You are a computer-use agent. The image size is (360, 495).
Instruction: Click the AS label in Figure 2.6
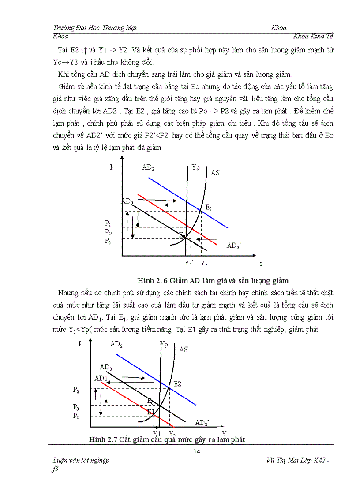[215, 173]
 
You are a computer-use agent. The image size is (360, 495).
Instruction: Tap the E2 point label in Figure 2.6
[209, 208]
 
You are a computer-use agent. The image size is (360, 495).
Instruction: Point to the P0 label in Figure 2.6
[108, 241]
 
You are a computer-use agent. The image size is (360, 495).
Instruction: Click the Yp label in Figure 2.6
[195, 167]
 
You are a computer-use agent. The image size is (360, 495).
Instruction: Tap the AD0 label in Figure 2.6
[127, 201]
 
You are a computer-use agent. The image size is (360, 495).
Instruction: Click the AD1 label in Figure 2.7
[101, 378]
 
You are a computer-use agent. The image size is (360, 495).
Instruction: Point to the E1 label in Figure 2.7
[151, 412]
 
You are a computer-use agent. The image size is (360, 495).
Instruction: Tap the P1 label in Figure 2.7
[76, 415]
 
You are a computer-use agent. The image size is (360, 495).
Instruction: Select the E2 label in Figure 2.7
[177, 383]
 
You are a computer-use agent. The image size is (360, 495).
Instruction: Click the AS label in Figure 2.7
[184, 349]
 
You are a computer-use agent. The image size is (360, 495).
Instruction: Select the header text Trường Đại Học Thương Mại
[94, 28]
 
